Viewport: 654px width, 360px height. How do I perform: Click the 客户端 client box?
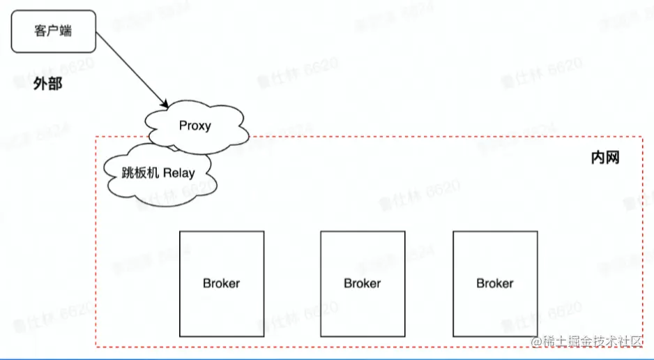point(52,31)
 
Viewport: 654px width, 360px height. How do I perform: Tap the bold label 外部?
point(48,84)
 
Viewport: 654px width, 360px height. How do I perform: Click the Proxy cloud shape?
point(195,126)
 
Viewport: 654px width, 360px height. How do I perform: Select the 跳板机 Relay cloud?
point(159,174)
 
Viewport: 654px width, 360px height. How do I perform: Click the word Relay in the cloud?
point(179,172)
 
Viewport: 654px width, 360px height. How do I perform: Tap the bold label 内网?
point(604,158)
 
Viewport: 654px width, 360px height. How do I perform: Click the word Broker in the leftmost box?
point(222,283)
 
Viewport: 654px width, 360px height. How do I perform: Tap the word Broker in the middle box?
point(363,283)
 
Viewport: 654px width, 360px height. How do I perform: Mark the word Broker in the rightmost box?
point(495,283)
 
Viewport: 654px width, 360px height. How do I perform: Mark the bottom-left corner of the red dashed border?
point(96,347)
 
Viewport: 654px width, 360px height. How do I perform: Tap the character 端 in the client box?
point(65,31)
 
